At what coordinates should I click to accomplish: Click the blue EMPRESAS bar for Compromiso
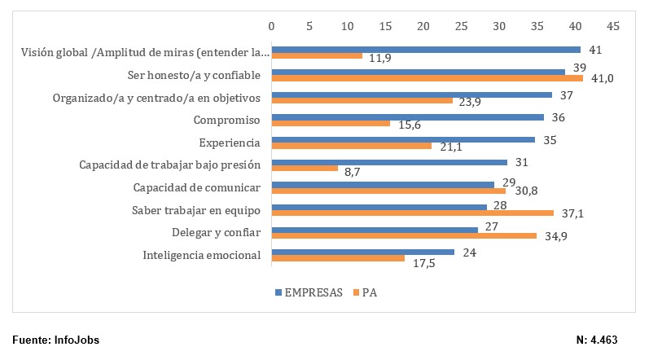point(407,117)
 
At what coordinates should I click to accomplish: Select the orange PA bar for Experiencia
point(351,146)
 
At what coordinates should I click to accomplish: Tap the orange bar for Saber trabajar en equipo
point(412,213)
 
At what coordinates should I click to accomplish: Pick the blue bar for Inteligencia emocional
point(362,252)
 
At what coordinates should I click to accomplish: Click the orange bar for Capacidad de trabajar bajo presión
point(304,168)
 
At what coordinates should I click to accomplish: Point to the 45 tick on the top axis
point(613,26)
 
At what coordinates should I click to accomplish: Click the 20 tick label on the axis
point(423,26)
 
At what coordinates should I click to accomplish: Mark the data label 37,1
point(572,213)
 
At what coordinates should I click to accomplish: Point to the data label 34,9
point(555,235)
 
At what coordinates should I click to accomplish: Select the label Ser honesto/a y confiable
point(194,76)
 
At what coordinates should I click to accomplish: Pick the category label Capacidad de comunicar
point(196,187)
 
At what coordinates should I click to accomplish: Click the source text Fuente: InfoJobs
point(56,340)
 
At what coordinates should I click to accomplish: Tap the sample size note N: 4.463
point(602,340)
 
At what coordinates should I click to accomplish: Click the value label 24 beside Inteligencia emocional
point(468,252)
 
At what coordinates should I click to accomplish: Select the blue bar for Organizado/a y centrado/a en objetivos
point(411,95)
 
